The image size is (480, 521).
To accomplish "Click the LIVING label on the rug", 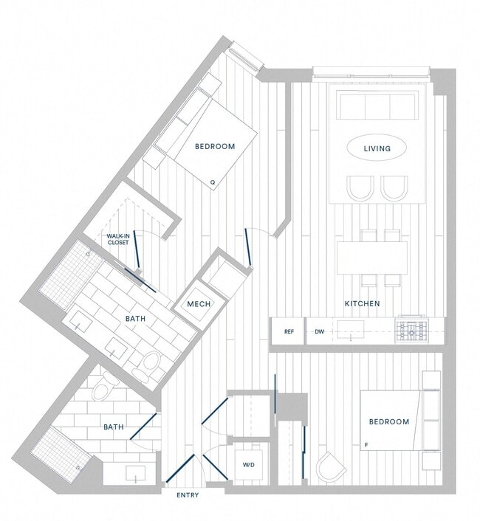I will (377, 149).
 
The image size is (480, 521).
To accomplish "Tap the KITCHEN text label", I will (362, 303).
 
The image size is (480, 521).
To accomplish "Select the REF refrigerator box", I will (289, 332).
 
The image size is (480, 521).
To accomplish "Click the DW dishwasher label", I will (320, 332).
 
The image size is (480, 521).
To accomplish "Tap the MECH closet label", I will (199, 305).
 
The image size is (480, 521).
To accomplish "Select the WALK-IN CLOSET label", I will (118, 238).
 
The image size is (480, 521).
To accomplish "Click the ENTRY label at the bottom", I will (188, 494).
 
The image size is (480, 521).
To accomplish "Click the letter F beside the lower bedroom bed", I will (366, 444).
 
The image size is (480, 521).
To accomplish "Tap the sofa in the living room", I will (377, 105).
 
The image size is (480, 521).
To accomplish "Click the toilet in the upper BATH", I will (152, 363).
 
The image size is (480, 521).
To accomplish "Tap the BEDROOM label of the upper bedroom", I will (215, 146).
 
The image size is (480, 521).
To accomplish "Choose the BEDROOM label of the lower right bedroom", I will (388, 422).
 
